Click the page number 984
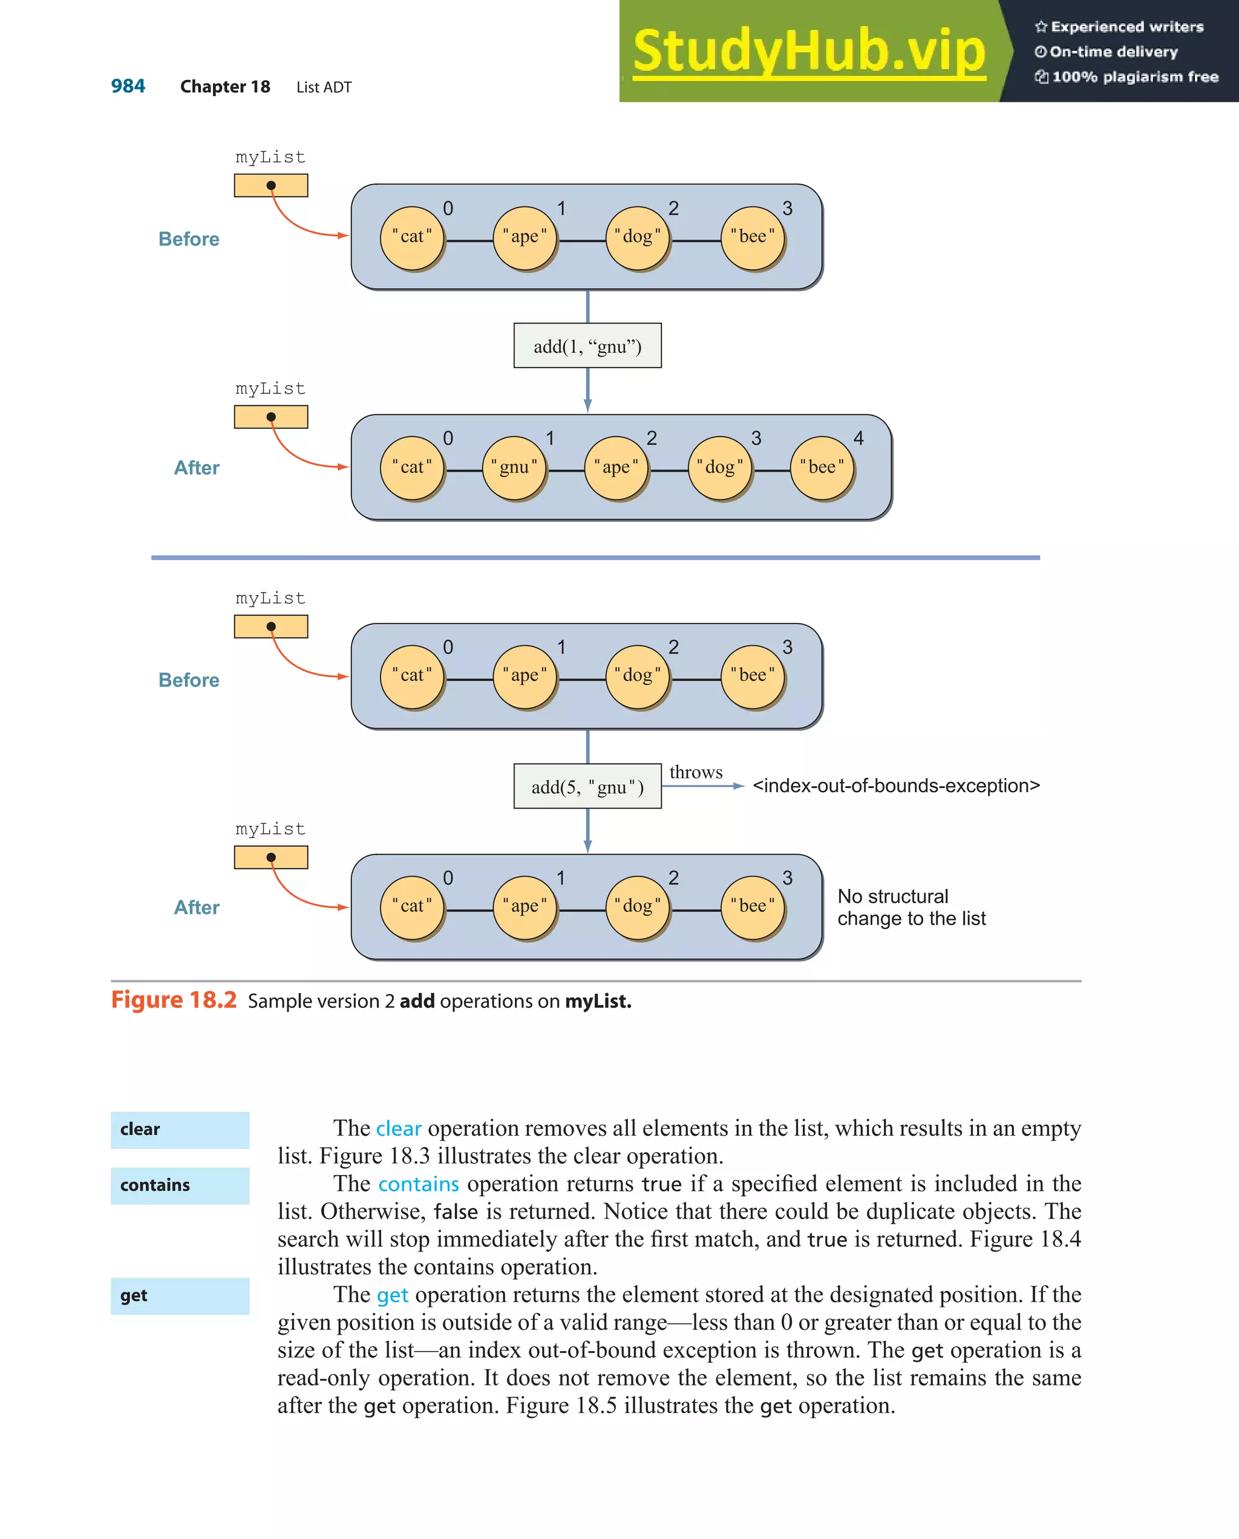coord(128,86)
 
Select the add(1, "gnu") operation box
coord(587,347)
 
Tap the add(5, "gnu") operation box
coord(587,787)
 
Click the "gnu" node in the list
coord(514,467)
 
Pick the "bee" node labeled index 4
coord(822,467)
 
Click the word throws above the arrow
coord(696,772)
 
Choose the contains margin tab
coord(180,1186)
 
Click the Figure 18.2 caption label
coord(174,1000)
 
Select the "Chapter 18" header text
coord(225,87)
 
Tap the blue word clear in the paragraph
coord(399,1128)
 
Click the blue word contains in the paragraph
coord(419,1184)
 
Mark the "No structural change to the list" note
coord(911,907)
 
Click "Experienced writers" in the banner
coord(1126,27)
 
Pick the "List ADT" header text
coord(324,87)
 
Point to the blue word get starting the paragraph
coord(392,1295)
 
